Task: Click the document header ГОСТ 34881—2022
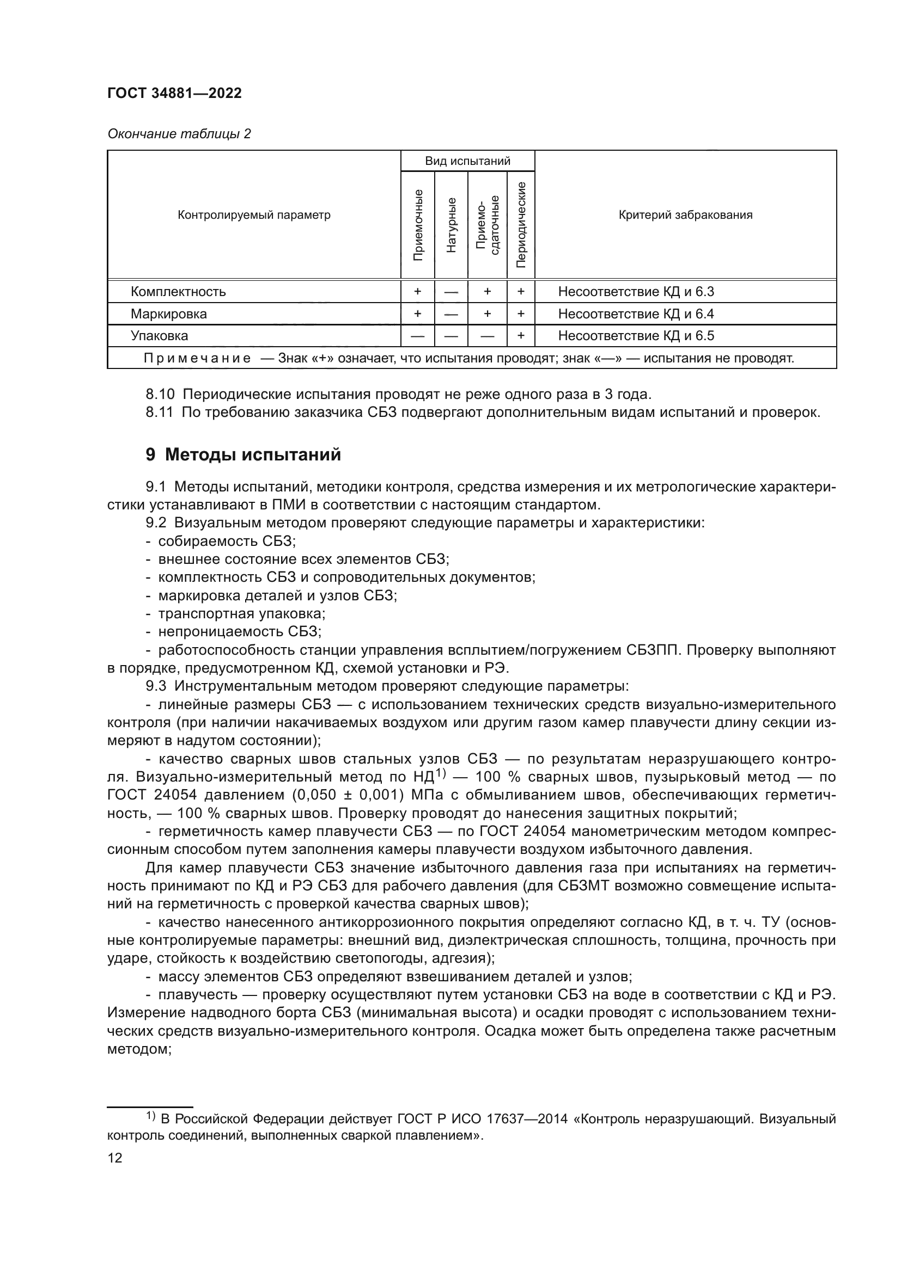tap(174, 93)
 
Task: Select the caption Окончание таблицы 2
tap(179, 134)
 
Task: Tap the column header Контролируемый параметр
tap(253, 215)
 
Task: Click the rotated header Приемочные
tap(418, 225)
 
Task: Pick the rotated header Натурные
tap(451, 225)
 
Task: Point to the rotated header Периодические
tap(520, 224)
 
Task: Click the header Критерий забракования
tap(685, 215)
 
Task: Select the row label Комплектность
tap(178, 292)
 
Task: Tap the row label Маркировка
tap(169, 314)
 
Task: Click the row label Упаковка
tap(159, 335)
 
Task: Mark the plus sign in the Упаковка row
tap(520, 335)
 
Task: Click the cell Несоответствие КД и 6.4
tap(636, 314)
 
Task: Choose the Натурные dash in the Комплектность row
tap(451, 292)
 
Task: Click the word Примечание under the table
tap(197, 358)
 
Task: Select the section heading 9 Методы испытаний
tap(243, 454)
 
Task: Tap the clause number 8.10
tap(160, 394)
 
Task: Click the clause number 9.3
tap(155, 686)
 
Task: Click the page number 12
tap(115, 1158)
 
